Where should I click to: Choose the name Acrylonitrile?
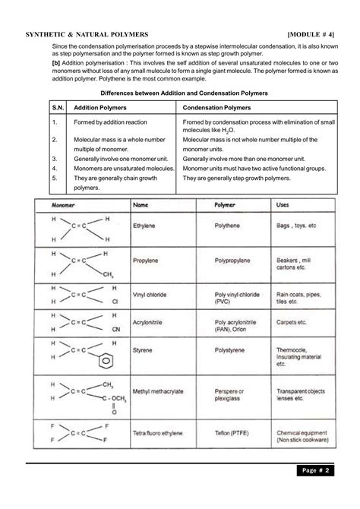149,322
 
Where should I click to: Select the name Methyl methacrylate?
158,391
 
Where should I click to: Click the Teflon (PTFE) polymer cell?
234,432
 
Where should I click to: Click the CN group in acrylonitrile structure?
115,330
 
